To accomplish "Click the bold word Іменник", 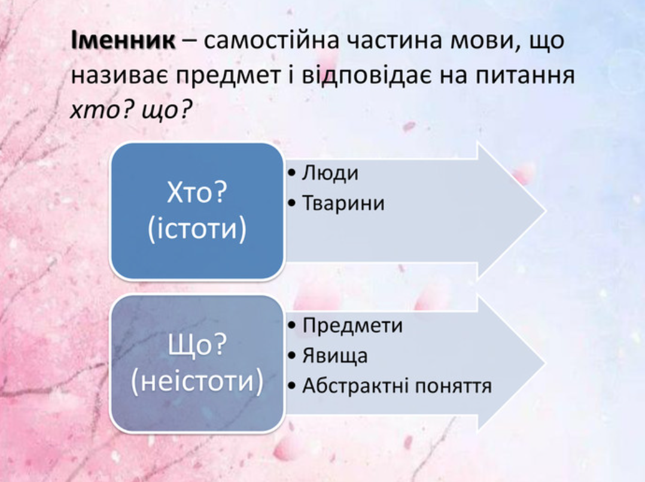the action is coord(123,40).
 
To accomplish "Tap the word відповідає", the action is coord(367,76).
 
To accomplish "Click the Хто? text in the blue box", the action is coord(197,192).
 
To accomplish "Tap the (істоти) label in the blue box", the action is coord(197,229).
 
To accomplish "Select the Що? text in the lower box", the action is coord(197,345).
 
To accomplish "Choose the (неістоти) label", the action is coord(197,381).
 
